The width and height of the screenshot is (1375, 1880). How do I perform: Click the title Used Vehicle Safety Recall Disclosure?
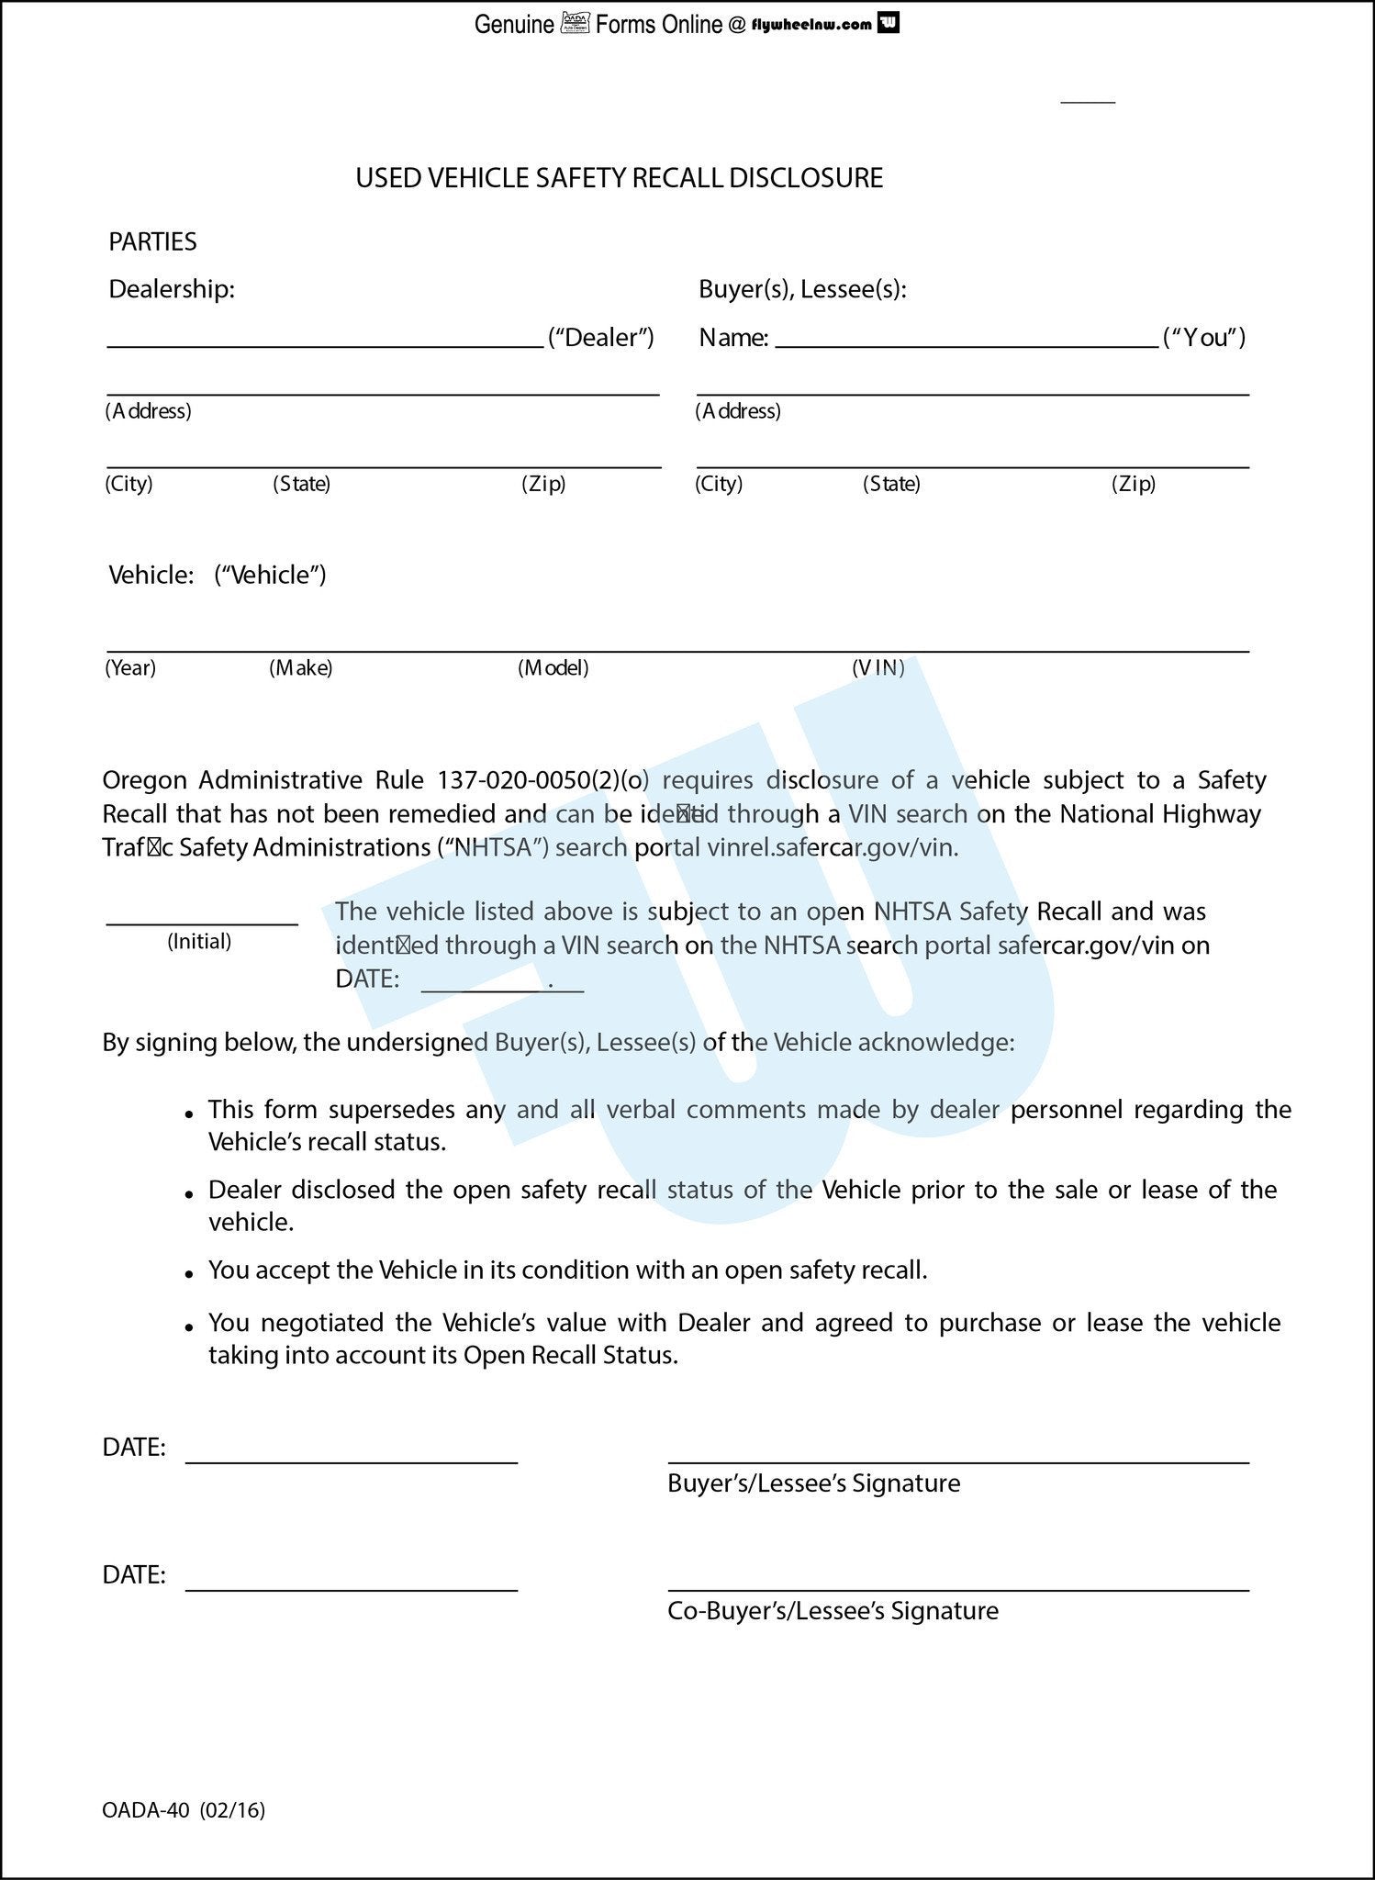619,177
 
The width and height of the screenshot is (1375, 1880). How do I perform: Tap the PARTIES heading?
152,241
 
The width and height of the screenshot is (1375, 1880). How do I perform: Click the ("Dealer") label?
600,338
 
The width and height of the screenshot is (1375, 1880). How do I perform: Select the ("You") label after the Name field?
1203,338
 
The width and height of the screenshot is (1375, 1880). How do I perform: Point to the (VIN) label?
878,667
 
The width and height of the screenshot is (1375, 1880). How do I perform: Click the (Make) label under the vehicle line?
300,667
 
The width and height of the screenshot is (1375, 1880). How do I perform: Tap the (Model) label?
553,667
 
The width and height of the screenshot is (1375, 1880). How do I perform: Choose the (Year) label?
130,667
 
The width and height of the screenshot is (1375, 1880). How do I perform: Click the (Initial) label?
199,941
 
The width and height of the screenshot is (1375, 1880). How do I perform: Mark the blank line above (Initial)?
202,921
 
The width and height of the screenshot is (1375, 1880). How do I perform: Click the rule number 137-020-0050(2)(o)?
542,780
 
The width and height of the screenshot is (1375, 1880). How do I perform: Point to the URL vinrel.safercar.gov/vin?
833,847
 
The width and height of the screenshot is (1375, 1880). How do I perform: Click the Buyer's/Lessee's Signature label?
813,1483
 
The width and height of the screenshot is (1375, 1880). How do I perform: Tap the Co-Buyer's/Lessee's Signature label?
833,1611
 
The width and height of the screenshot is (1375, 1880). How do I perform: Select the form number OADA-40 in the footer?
146,1810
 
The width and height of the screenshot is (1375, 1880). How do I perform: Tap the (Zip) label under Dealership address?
543,484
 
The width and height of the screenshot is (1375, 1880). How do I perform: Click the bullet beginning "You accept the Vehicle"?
567,1270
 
